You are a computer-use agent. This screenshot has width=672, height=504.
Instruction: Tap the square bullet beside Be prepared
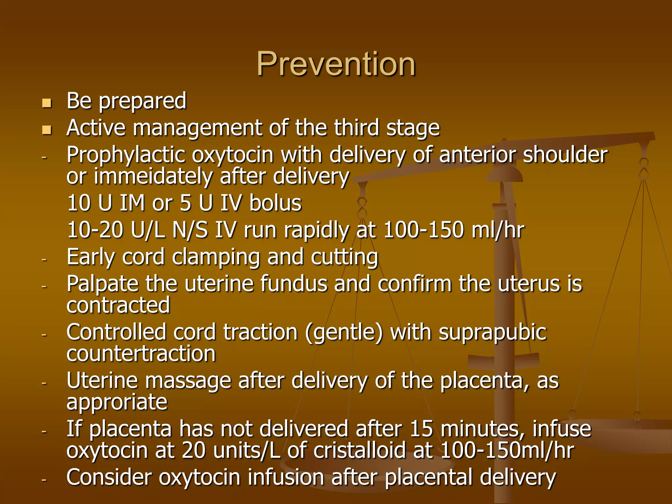47,103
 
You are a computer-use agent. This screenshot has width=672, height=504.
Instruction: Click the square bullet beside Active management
47,130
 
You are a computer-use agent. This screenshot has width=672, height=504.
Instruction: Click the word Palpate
102,284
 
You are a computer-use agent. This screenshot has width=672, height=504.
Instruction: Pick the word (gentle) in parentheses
344,333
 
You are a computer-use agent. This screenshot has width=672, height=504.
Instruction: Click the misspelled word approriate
117,403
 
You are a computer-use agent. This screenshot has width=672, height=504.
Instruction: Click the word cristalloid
360,450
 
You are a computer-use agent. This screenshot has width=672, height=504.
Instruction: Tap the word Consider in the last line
109,477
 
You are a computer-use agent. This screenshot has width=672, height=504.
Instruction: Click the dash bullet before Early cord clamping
44,260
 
